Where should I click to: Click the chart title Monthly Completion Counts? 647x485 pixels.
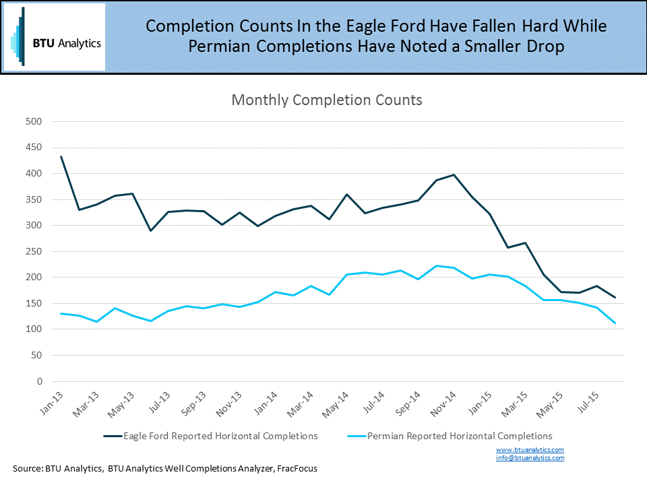click(327, 100)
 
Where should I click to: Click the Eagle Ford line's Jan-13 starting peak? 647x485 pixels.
click(61, 156)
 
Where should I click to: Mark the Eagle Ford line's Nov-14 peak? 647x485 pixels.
click(454, 175)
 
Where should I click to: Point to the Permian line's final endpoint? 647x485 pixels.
click(615, 323)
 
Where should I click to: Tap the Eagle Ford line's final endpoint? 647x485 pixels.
click(615, 297)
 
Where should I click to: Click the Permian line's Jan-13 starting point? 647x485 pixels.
click(61, 313)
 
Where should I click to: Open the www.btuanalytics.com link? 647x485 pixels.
click(530, 449)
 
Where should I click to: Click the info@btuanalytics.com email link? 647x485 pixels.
click(530, 458)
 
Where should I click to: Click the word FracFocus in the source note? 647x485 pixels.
click(295, 468)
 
